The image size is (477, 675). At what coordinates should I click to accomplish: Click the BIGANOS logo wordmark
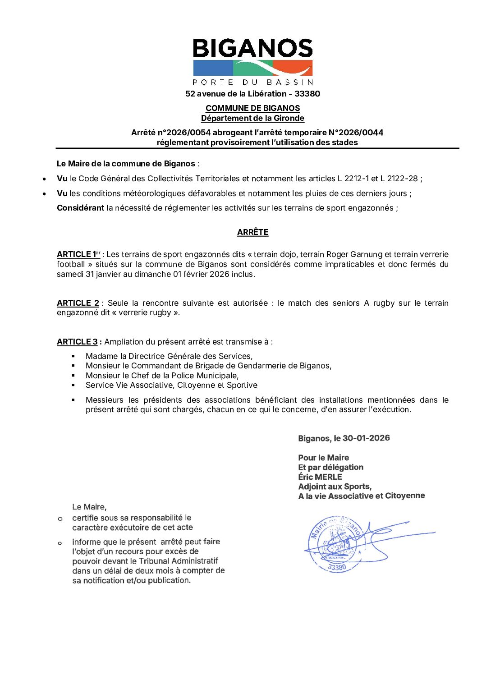(x=252, y=48)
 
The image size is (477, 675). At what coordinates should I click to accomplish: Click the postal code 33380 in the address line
(x=307, y=94)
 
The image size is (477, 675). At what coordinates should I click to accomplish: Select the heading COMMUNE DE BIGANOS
(x=252, y=108)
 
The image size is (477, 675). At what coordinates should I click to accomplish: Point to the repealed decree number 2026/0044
(x=362, y=133)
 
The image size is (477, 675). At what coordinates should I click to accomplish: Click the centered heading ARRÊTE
(x=252, y=232)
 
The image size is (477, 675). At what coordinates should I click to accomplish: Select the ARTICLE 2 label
(x=78, y=303)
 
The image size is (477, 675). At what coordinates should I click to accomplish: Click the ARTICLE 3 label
(x=77, y=342)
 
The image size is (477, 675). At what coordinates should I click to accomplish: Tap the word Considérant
(x=80, y=208)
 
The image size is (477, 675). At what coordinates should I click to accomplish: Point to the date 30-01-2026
(x=366, y=438)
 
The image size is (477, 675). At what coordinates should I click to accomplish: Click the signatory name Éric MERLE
(x=320, y=477)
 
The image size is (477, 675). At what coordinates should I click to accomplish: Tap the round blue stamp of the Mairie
(x=335, y=544)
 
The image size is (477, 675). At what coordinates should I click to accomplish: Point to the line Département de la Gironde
(x=252, y=118)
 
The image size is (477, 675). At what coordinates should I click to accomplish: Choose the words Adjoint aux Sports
(x=335, y=487)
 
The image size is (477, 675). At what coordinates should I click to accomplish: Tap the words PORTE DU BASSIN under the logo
(x=252, y=82)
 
